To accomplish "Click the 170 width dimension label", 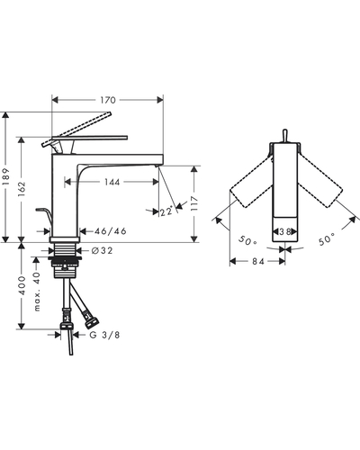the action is click(108, 100).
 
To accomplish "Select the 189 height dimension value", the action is click(6, 177).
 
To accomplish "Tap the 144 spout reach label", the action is click(112, 182).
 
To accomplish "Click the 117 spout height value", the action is click(194, 204).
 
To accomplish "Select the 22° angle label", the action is click(166, 211).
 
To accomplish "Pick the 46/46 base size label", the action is click(111, 231).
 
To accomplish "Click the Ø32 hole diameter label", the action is click(103, 250).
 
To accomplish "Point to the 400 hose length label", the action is click(22, 285).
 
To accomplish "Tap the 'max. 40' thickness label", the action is click(37, 292).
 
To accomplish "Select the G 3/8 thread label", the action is click(104, 335).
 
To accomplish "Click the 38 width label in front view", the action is click(284, 232).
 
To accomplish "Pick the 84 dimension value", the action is click(257, 262).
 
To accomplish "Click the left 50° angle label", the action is click(247, 240).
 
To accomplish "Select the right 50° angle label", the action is click(327, 239).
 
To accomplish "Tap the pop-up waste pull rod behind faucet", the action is click(44, 218).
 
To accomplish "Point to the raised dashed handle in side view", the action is click(76, 130).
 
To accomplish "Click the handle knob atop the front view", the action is click(285, 136).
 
